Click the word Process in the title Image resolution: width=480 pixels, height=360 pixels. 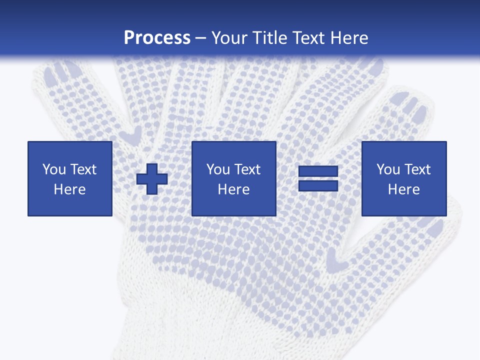click(157, 38)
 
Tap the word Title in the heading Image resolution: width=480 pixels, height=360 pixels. click(269, 38)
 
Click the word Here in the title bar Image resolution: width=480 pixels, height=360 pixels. click(349, 38)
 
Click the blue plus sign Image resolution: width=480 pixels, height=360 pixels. click(152, 179)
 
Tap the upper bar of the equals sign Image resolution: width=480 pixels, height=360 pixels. click(318, 171)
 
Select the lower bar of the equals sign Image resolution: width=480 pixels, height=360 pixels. click(318, 185)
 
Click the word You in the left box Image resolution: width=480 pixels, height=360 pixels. click(54, 169)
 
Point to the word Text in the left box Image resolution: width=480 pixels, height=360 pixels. click(82, 169)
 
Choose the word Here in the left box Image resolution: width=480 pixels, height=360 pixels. click(70, 189)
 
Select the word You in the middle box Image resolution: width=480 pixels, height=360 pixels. click(218, 169)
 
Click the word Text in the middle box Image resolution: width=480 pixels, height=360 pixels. click(246, 169)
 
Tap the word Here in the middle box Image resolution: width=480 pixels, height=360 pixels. click(234, 189)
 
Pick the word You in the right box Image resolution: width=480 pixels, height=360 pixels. click(388, 169)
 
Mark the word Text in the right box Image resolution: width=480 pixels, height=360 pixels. click(416, 169)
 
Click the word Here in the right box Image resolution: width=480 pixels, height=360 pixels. click(404, 189)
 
